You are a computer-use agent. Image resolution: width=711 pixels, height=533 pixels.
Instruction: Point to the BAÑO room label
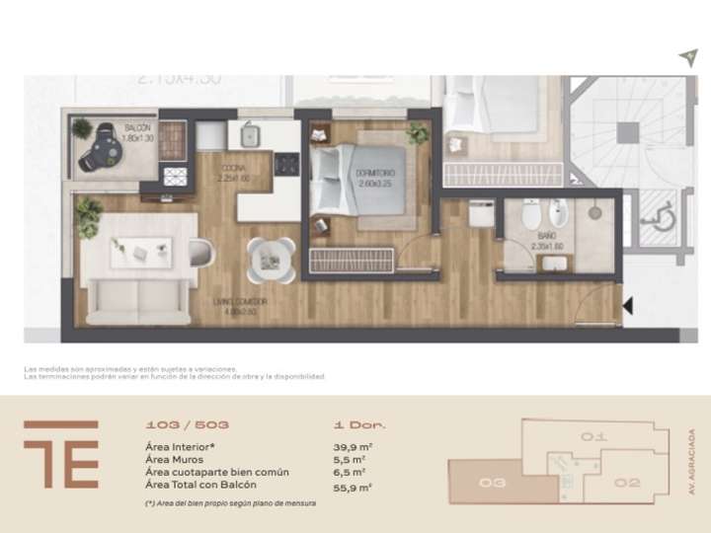tap(546, 237)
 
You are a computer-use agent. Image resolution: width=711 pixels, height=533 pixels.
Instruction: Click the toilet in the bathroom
tap(529, 214)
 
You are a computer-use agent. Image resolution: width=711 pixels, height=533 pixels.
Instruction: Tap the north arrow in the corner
tap(687, 58)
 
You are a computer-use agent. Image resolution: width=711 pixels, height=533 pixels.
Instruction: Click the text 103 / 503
tap(187, 425)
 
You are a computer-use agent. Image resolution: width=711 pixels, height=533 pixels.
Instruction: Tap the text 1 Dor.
tap(360, 425)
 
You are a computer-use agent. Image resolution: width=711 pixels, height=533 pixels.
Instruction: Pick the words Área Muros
tap(176, 460)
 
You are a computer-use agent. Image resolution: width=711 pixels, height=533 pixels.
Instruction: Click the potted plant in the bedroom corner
tap(418, 133)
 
